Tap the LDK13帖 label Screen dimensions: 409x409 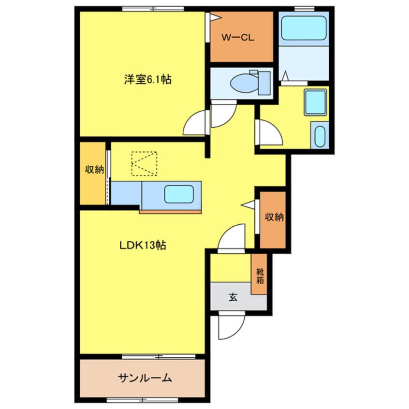(x=143, y=245)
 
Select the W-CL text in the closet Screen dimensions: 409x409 (x=238, y=38)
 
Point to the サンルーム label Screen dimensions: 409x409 (x=144, y=378)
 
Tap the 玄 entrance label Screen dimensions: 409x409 (x=233, y=297)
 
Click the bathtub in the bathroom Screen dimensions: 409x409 (x=304, y=28)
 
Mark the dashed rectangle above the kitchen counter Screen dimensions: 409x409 (x=145, y=163)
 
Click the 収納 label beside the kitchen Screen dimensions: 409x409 (x=94, y=170)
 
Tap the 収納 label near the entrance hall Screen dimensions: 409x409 (x=273, y=217)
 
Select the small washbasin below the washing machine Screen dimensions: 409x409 (x=320, y=136)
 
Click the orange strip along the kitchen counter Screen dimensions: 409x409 (x=170, y=211)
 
